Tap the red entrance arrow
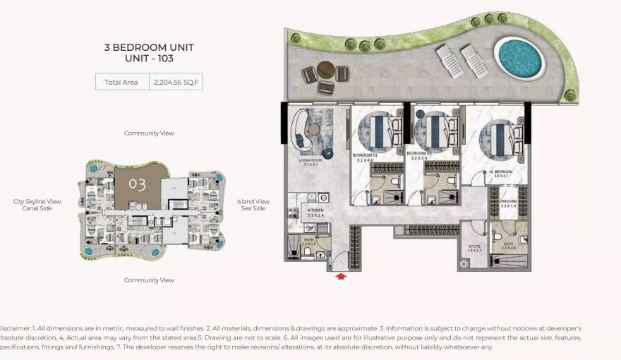pyautogui.click(x=341, y=277)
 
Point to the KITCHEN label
pyautogui.click(x=315, y=210)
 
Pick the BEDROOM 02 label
pyautogui.click(x=419, y=153)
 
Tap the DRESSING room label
pyautogui.click(x=509, y=201)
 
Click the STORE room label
pyautogui.click(x=474, y=247)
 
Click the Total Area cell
pyautogui.click(x=121, y=82)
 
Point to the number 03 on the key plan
pyautogui.click(x=137, y=185)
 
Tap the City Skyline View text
pyautogui.click(x=37, y=201)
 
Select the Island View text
pyautogui.click(x=253, y=201)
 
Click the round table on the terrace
pyautogui.click(x=325, y=70)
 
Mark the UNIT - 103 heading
pyautogui.click(x=149, y=59)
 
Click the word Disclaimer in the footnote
pyautogui.click(x=14, y=328)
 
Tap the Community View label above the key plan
pyautogui.click(x=149, y=133)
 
